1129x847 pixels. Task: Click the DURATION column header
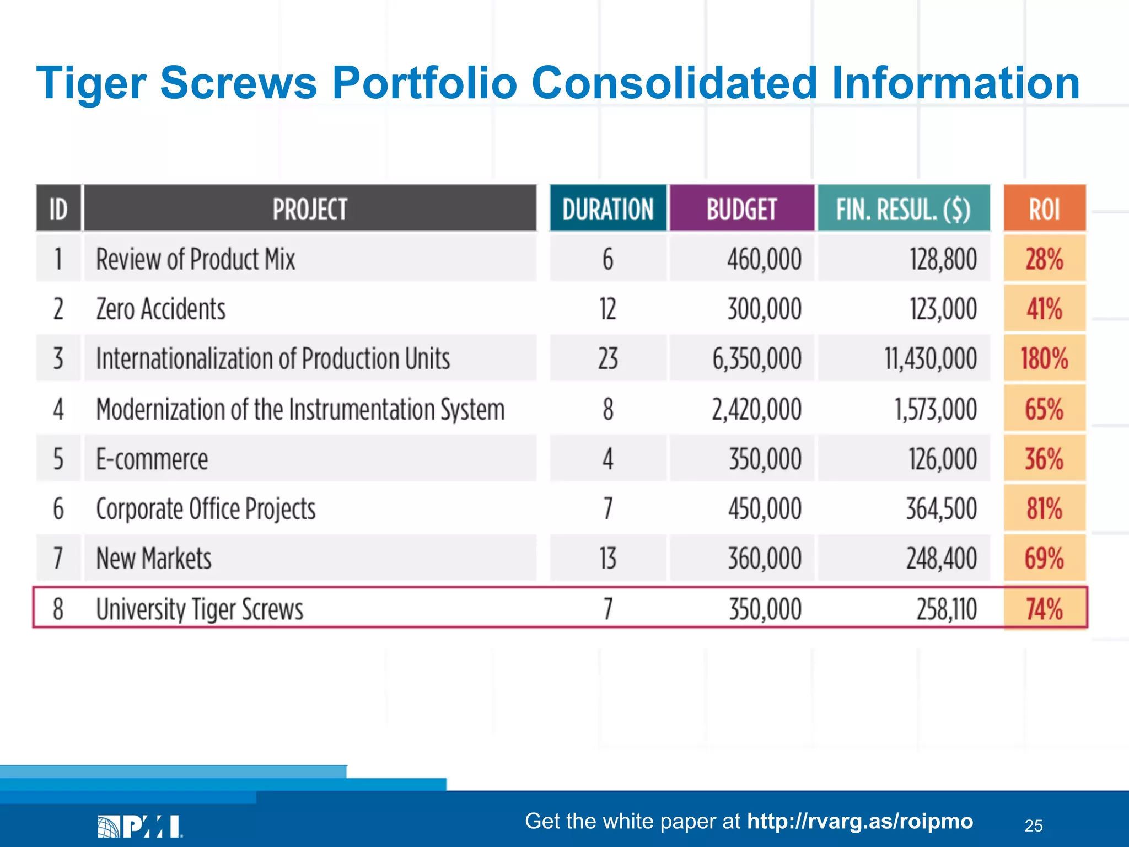(607, 209)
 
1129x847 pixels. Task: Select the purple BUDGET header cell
(741, 209)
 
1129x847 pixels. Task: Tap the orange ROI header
(1044, 209)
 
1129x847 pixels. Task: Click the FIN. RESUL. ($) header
(903, 209)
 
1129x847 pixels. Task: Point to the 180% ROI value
(1044, 358)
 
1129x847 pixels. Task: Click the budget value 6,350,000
(756, 358)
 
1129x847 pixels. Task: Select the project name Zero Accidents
(161, 309)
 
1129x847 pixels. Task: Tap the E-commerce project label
(152, 459)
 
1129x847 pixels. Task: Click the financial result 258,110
(946, 609)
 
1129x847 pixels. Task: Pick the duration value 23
(607, 358)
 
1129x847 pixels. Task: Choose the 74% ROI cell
(1044, 609)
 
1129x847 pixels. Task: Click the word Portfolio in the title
(424, 83)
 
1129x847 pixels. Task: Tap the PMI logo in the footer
(140, 826)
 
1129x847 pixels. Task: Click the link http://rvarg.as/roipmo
(860, 821)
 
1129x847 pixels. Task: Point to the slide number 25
(1034, 825)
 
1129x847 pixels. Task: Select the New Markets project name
(154, 558)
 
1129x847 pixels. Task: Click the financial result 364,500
(942, 508)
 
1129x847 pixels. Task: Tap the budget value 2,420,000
(756, 409)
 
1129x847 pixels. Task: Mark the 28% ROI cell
(1044, 259)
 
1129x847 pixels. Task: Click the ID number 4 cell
(58, 409)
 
